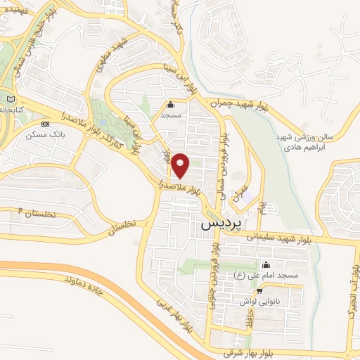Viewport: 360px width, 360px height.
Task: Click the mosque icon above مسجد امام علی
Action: tap(266, 265)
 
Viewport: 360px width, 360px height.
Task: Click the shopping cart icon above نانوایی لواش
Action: tap(260, 290)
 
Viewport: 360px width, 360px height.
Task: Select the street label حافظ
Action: tap(247, 320)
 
